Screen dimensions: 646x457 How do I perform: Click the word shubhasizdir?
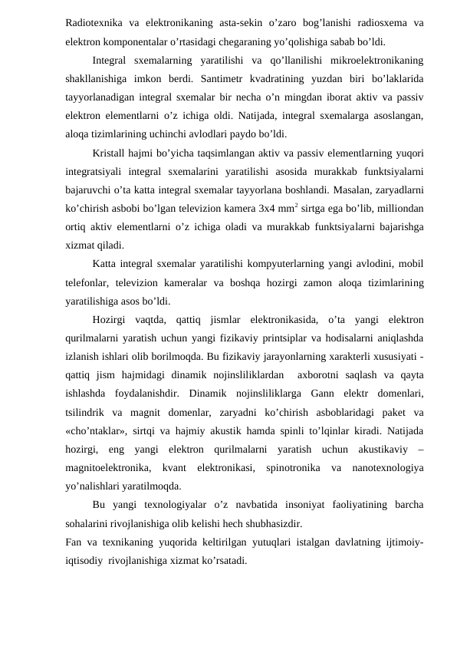(x=272, y=524)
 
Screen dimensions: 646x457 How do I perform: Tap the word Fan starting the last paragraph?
(x=74, y=542)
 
